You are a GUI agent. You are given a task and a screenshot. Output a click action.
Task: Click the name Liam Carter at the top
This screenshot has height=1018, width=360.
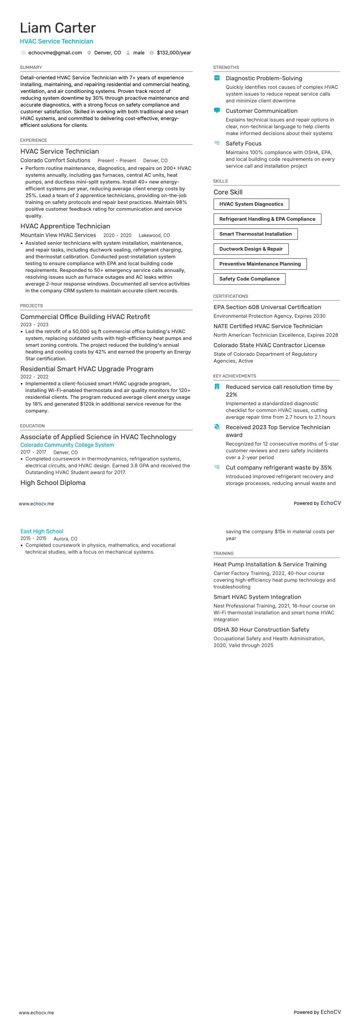tap(58, 28)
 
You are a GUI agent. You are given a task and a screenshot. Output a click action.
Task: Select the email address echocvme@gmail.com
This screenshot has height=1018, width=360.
tap(55, 53)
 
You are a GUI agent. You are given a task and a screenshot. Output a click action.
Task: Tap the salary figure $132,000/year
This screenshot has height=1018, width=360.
tap(174, 53)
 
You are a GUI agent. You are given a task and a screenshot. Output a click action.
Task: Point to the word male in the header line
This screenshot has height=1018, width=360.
tap(139, 53)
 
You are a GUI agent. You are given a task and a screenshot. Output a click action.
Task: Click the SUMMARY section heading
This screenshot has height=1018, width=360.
tap(31, 67)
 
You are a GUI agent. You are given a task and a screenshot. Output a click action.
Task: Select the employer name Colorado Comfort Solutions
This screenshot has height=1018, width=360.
tap(55, 160)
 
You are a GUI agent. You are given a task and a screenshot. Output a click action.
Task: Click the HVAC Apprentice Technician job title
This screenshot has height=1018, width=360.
tap(65, 226)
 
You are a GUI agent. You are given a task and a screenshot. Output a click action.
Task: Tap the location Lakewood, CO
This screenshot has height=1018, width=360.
tap(154, 235)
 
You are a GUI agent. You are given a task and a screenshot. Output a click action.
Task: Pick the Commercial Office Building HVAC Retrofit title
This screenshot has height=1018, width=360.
tap(85, 317)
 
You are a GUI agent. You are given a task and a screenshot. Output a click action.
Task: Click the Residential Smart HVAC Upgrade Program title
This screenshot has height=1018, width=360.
tap(87, 369)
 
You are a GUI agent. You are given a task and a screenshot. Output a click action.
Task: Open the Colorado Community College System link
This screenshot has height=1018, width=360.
tap(67, 445)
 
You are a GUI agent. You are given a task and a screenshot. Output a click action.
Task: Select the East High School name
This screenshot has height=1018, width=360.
tap(42, 531)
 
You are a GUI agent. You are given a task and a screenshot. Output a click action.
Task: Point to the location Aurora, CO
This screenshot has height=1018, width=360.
tap(65, 539)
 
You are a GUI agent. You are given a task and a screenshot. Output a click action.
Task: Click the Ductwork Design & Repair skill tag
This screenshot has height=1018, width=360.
tap(251, 249)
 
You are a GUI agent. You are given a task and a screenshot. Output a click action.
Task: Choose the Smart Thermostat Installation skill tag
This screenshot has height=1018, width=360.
tap(255, 234)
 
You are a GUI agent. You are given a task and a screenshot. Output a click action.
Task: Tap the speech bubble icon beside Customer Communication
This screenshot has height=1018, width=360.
tap(217, 111)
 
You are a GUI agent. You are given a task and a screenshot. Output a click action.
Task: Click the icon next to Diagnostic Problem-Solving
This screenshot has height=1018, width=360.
tap(217, 78)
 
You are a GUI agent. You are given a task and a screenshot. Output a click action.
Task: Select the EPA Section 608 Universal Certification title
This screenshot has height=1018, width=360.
tap(267, 307)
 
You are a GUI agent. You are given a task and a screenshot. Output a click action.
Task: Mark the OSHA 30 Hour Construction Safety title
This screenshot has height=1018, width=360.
tap(261, 630)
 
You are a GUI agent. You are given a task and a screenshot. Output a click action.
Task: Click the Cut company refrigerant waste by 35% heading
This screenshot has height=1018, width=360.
tap(278, 467)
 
